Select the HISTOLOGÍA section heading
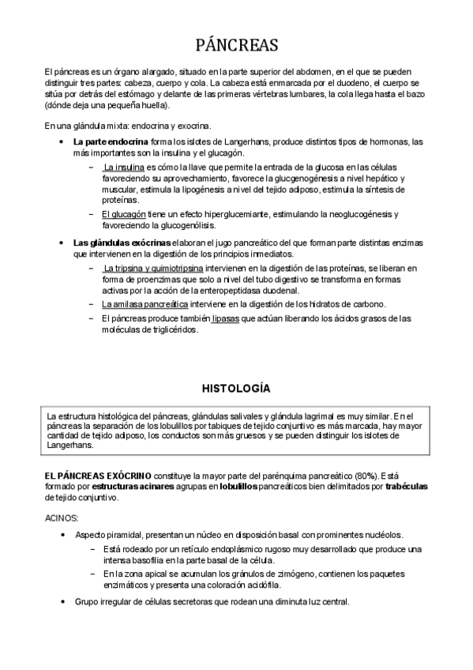tap(236, 389)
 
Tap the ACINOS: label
tap(62, 518)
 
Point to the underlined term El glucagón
tap(122, 214)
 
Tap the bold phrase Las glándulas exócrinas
tap(122, 243)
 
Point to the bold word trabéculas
tap(405, 487)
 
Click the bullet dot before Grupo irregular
tap(62, 602)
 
